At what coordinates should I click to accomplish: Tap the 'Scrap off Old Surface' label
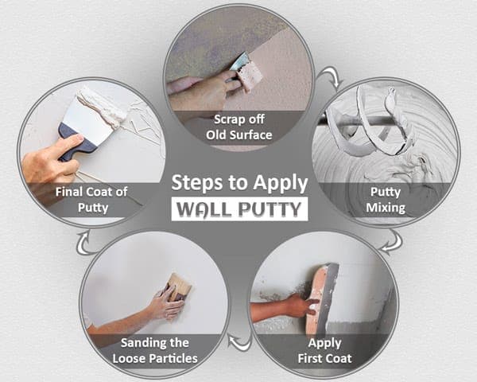coord(238,128)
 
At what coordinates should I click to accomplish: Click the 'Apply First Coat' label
coord(321,351)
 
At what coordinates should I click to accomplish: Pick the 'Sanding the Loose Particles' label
coord(156,350)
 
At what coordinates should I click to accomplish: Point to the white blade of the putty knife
coord(87,116)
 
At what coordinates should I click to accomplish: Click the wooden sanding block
coord(180,286)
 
